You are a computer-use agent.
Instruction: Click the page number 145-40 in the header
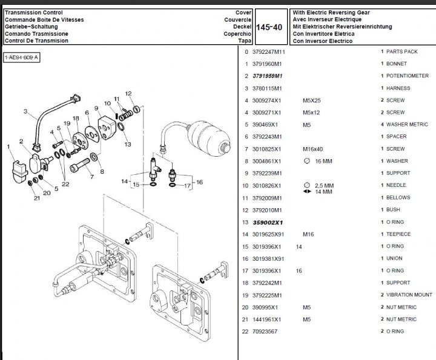pos(269,27)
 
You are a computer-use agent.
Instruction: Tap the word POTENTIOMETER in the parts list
pos(408,76)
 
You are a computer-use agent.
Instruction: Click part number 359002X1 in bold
pos(268,222)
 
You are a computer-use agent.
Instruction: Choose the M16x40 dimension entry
pos(313,149)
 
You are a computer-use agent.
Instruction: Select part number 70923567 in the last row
pos(266,332)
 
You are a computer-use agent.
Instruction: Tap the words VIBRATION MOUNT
pos(409,295)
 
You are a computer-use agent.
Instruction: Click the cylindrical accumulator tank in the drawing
pos(208,134)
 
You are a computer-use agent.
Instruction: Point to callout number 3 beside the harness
pos(26,111)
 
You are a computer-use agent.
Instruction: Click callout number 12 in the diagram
pos(128,93)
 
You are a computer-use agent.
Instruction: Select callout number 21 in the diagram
pos(37,198)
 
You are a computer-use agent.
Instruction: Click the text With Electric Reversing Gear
pos(331,13)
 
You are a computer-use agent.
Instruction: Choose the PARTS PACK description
pos(401,51)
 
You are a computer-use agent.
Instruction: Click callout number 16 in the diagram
pos(199,182)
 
